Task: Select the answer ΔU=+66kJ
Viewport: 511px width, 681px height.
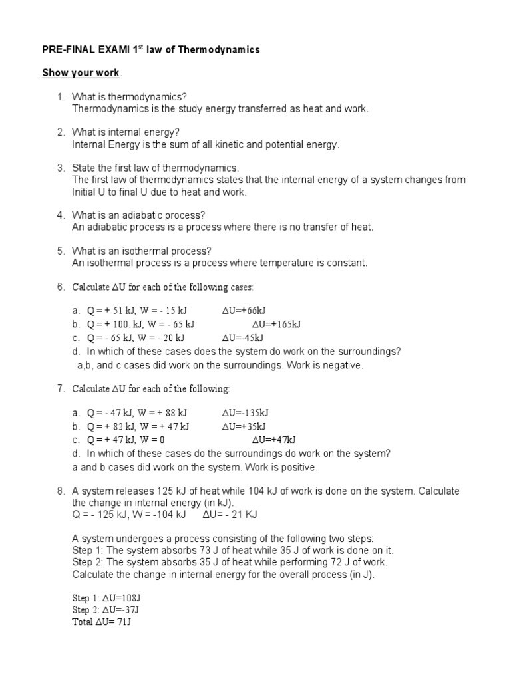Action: [244, 310]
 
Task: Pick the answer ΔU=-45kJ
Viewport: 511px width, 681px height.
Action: [243, 338]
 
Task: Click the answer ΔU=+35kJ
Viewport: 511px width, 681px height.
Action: [244, 426]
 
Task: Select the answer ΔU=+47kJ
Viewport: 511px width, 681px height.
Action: [273, 440]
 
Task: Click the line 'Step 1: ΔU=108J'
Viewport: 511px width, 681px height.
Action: [103, 597]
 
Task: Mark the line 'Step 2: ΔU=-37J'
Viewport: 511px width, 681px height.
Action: [104, 610]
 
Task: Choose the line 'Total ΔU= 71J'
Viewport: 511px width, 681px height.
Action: [101, 622]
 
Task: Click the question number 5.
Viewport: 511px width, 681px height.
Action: [61, 251]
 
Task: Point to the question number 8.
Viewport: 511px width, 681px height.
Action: [61, 491]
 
